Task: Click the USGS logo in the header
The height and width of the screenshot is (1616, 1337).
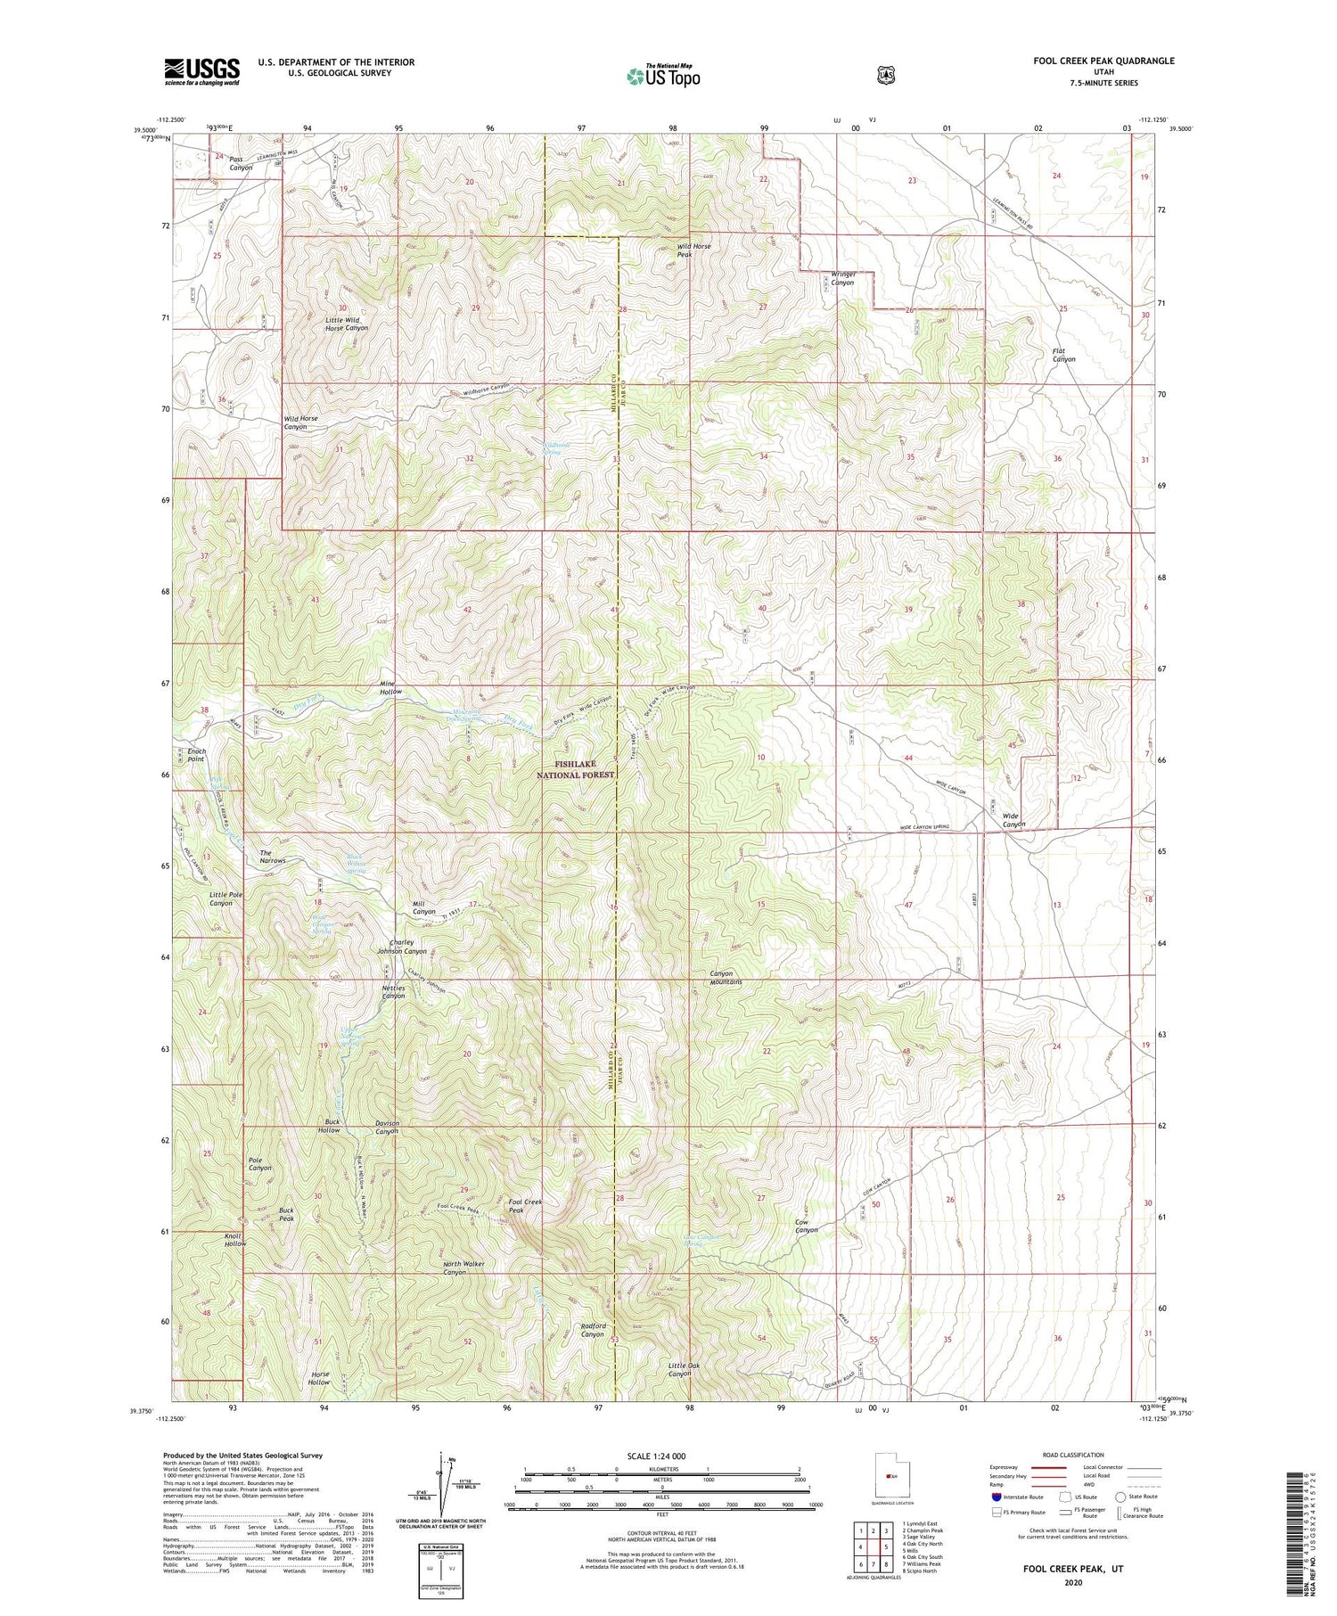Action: point(201,71)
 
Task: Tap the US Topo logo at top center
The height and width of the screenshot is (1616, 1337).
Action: point(663,76)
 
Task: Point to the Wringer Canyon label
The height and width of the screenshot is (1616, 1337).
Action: point(837,278)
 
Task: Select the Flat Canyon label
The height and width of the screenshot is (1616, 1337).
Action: point(1063,355)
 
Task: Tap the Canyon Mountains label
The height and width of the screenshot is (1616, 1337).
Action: point(726,977)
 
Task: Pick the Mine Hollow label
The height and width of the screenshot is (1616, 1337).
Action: point(390,687)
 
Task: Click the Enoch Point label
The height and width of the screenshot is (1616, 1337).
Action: point(196,755)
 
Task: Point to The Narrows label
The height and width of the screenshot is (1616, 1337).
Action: point(273,857)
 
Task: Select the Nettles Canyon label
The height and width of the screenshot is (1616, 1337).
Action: point(393,991)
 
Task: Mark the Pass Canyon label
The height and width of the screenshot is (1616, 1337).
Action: point(241,163)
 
